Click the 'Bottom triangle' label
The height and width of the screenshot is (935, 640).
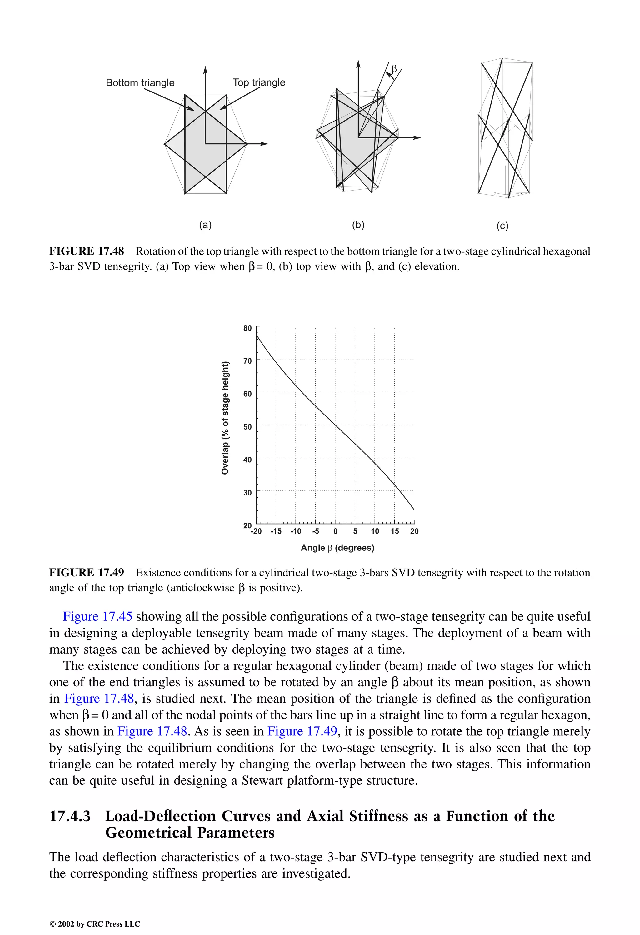tap(140, 82)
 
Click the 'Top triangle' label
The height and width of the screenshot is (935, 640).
tap(259, 82)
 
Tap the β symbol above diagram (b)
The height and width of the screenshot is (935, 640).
tap(394, 69)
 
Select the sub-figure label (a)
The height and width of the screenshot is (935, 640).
tap(205, 225)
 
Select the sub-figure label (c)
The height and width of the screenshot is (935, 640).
tap(502, 226)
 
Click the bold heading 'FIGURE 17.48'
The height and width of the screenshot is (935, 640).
tap(87, 251)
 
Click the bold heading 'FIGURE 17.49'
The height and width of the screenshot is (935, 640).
tap(87, 573)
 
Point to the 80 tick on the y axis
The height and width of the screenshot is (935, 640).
tap(247, 328)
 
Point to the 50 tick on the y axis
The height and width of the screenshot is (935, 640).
tap(247, 426)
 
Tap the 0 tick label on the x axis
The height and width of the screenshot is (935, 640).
tap(335, 531)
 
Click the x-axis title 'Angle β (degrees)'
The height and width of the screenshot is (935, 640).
tap(337, 548)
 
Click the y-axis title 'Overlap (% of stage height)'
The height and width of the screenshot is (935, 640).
tap(225, 418)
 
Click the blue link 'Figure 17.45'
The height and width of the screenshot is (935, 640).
tap(97, 617)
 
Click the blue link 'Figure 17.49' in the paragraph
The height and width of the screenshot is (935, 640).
tap(302, 731)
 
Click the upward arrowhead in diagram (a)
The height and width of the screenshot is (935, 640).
tap(205, 70)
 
